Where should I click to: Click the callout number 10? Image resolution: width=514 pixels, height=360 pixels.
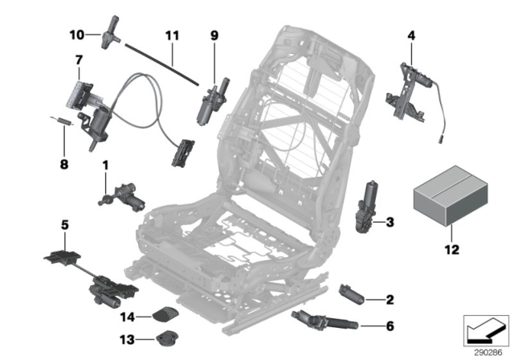coord(75,35)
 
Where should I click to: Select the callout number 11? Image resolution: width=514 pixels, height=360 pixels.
coord(169,35)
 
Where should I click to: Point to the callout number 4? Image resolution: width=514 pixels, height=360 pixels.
coord(411,35)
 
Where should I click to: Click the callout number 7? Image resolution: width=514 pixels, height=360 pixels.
coord(79,60)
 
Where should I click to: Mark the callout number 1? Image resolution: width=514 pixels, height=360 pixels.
coord(104,164)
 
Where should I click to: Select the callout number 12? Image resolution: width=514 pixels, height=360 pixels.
coord(451,249)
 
